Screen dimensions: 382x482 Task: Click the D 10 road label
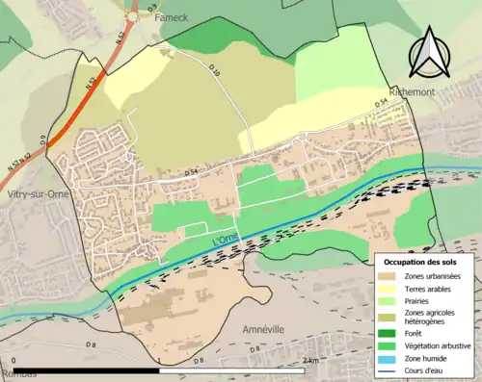coord(214,73)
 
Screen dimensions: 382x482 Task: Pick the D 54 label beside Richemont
coord(381,102)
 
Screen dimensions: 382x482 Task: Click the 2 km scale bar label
coord(310,361)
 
